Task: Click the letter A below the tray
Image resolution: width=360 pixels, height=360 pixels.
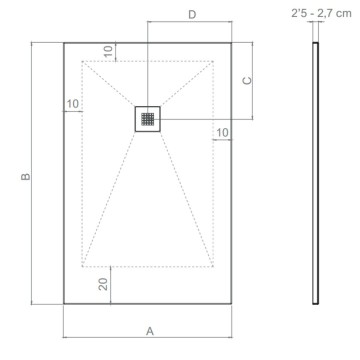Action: click(x=149, y=330)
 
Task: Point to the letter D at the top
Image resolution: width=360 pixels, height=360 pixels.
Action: click(x=191, y=14)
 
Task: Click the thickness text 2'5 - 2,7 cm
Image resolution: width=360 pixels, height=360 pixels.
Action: click(x=318, y=14)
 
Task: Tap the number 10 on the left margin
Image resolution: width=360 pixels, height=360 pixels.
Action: click(x=73, y=103)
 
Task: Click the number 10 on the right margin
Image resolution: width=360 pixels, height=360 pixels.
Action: click(x=222, y=132)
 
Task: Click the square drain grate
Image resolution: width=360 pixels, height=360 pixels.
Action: click(x=148, y=118)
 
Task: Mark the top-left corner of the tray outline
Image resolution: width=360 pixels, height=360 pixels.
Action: click(x=64, y=42)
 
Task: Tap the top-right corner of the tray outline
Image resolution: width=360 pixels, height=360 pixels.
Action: click(x=234, y=42)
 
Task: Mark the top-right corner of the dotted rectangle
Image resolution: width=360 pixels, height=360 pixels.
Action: click(x=214, y=61)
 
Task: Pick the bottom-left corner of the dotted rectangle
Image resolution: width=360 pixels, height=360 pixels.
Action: click(x=83, y=267)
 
